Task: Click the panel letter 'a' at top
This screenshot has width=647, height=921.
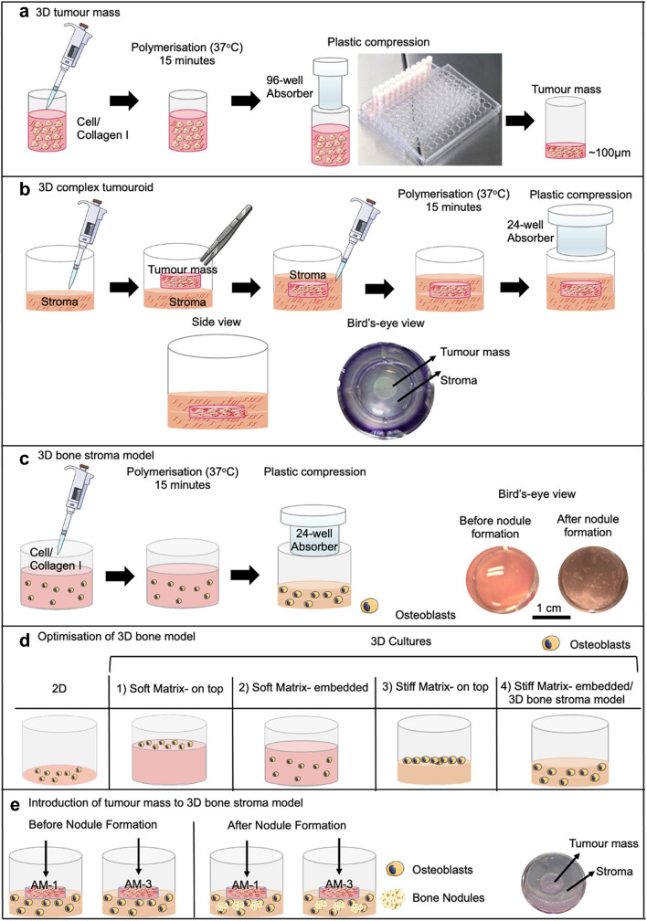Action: click(13, 12)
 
